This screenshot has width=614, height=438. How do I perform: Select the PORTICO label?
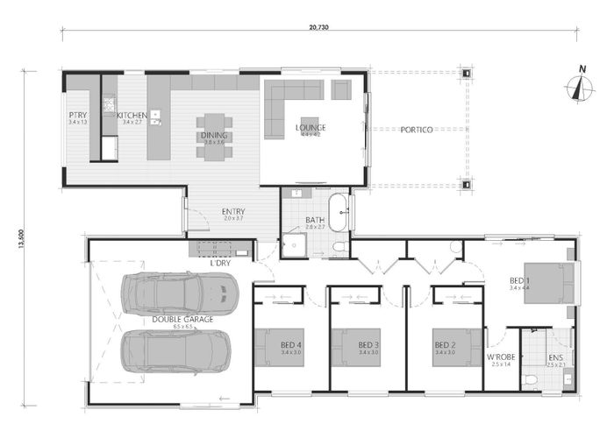point(417,130)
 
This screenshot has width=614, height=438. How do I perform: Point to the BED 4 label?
point(293,344)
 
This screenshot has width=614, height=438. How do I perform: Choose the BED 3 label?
point(368,344)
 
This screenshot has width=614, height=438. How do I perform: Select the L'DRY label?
point(219,262)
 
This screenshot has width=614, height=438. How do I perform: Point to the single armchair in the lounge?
point(341,88)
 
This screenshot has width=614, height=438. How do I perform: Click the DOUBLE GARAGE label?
point(182,321)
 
